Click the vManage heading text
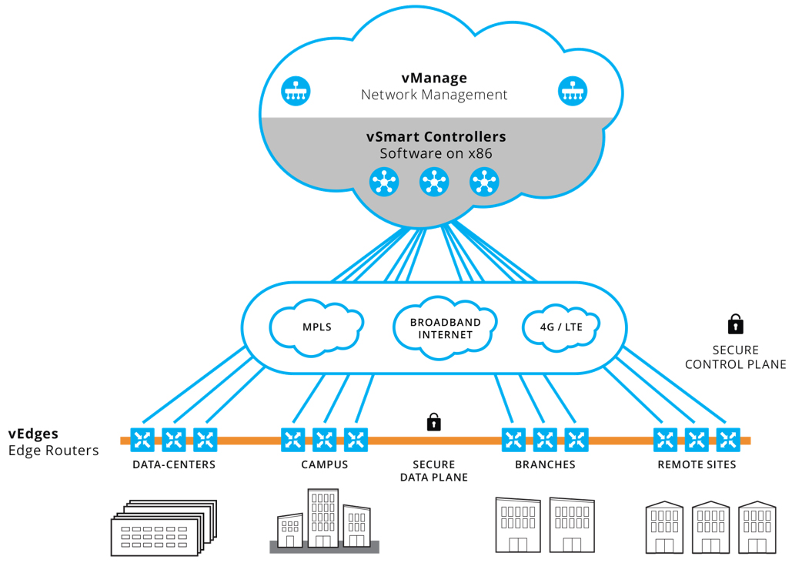[434, 78]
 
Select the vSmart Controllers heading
[436, 137]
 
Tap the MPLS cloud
[316, 327]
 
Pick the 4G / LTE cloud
[560, 327]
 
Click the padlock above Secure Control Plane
[736, 323]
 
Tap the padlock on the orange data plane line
[434, 422]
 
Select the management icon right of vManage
[572, 91]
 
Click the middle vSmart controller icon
[434, 183]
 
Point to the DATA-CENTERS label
[174, 464]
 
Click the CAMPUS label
[324, 464]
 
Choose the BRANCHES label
[545, 464]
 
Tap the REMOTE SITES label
[697, 464]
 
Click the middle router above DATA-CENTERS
[174, 440]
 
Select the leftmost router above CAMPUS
[292, 440]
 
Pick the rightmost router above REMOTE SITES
[728, 440]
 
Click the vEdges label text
[33, 434]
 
